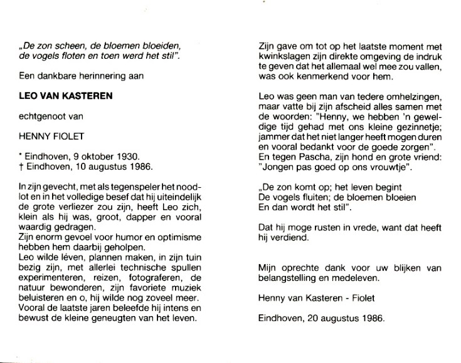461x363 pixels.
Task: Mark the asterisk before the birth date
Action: pyautogui.click(x=21, y=153)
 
